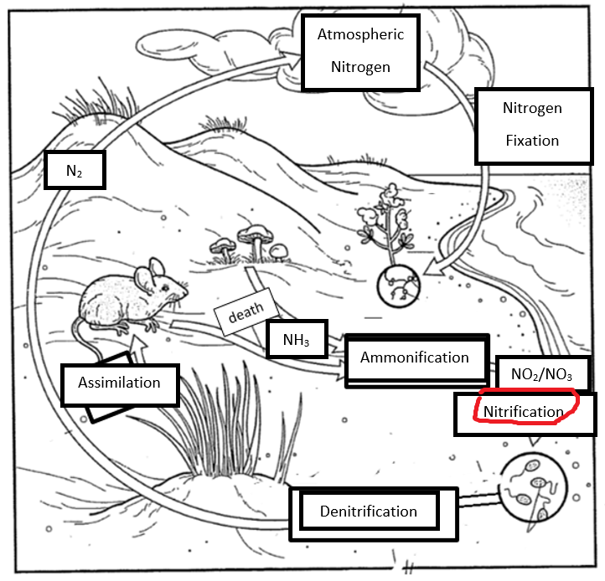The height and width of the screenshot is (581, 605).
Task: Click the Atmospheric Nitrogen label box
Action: point(360,50)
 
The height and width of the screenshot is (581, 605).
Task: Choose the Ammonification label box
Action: point(415,357)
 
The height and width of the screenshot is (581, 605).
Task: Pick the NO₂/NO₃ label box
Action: point(541,373)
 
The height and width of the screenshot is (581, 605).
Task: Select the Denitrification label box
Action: point(368,511)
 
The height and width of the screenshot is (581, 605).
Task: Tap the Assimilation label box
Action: point(119,383)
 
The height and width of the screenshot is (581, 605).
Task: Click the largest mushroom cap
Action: point(255,232)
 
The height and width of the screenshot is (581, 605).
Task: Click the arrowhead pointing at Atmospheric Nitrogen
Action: point(292,57)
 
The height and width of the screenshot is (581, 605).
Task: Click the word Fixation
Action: point(531,140)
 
